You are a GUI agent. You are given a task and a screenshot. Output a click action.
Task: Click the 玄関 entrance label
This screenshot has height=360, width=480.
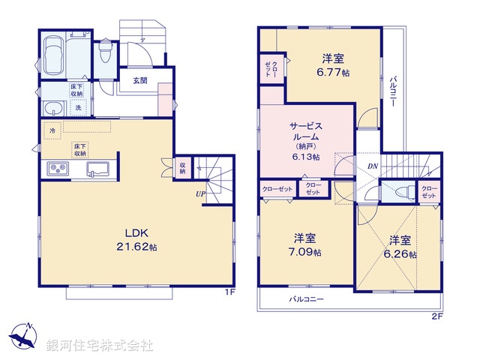coord(140,81)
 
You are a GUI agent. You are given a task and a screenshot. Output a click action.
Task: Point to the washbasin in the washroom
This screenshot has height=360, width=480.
coord(51,109)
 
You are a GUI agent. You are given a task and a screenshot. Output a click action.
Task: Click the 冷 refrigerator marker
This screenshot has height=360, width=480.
coord(53,130)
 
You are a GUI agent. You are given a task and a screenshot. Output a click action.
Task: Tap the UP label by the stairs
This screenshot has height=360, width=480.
coord(200,194)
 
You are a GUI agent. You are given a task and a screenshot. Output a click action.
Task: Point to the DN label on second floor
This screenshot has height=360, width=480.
coord(373,166)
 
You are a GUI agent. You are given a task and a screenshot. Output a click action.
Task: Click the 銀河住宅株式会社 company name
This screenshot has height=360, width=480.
coord(100,346)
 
